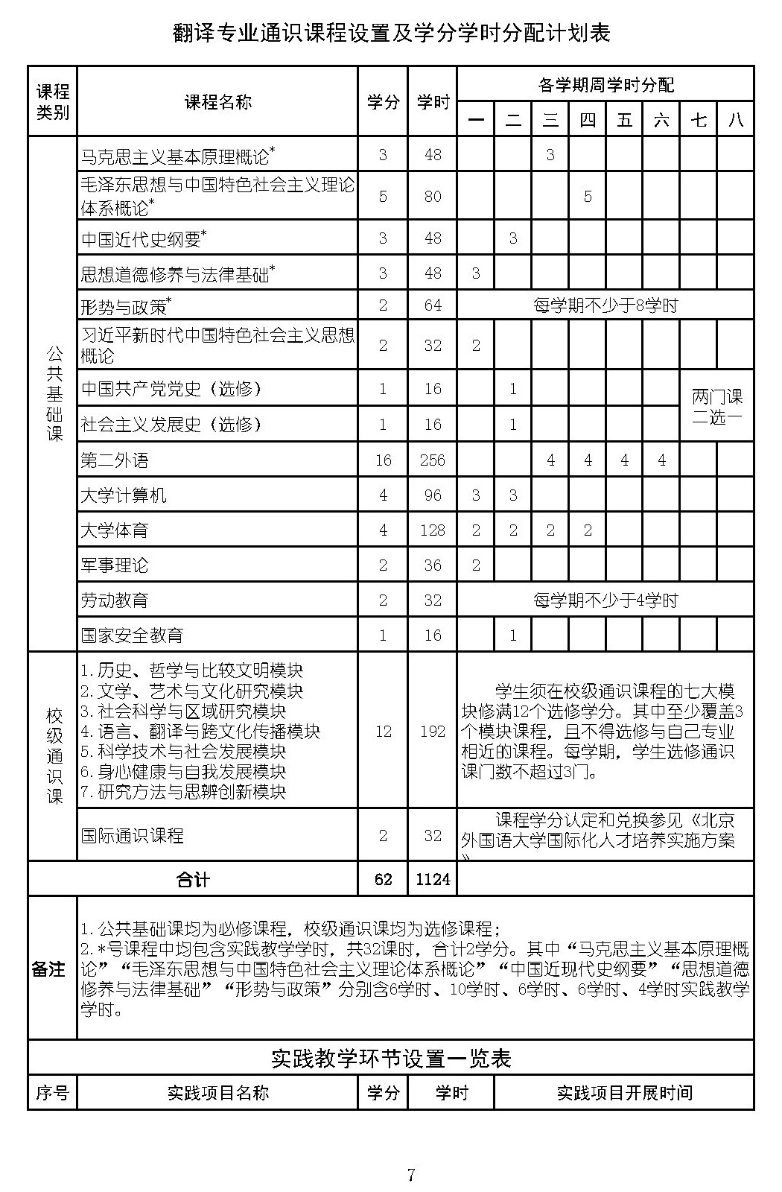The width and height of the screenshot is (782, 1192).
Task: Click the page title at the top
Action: (391, 34)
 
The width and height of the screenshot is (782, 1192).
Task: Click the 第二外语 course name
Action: (115, 460)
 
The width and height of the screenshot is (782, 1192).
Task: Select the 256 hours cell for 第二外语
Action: (432, 460)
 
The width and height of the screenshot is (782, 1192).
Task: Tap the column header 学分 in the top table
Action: (383, 102)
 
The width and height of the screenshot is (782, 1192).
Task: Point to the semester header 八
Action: (735, 119)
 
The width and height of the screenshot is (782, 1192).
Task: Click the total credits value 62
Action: (383, 879)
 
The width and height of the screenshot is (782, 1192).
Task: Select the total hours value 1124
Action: (433, 879)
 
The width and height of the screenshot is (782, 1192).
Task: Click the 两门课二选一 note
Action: (716, 406)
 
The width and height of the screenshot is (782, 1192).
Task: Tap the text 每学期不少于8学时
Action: (605, 305)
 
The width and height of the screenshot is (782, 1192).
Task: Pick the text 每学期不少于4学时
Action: (605, 600)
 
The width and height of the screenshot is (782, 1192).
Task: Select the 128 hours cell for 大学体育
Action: (432, 530)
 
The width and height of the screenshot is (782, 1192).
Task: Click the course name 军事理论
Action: (115, 565)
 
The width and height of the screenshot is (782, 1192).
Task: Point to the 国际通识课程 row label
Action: (133, 836)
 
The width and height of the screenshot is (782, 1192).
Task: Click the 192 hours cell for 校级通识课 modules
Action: (432, 731)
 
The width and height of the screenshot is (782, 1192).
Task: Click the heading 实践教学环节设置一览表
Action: (391, 1059)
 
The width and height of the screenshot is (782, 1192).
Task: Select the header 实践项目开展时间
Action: (624, 1093)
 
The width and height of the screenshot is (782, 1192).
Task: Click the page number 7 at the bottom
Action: (410, 1176)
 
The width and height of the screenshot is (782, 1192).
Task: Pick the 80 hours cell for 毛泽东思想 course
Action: (432, 197)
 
